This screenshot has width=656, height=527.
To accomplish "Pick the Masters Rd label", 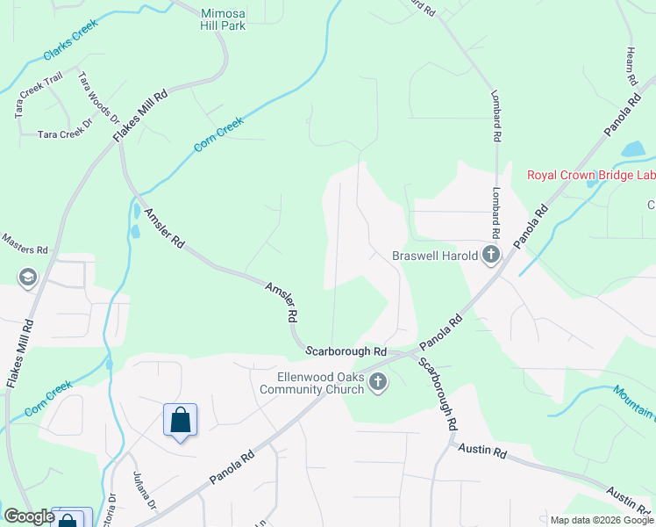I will pyautogui.click(x=24, y=243).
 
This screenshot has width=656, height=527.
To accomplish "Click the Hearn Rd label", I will pyautogui.click(x=631, y=66).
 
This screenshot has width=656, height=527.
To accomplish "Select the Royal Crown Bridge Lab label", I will pyautogui.click(x=590, y=175).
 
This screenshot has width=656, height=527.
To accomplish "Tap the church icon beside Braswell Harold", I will pyautogui.click(x=490, y=256).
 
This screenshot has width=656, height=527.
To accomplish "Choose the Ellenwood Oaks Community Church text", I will pyautogui.click(x=313, y=384).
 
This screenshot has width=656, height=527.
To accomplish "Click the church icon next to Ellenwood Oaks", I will pyautogui.click(x=378, y=382).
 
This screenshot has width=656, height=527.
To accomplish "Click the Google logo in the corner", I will pyautogui.click(x=29, y=516).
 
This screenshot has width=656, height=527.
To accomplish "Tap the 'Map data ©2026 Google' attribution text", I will pyautogui.click(x=601, y=520).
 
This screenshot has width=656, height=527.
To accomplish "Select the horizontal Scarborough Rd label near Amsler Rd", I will pyautogui.click(x=346, y=350).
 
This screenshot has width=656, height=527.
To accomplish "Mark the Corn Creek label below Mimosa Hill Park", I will pyautogui.click(x=217, y=135).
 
